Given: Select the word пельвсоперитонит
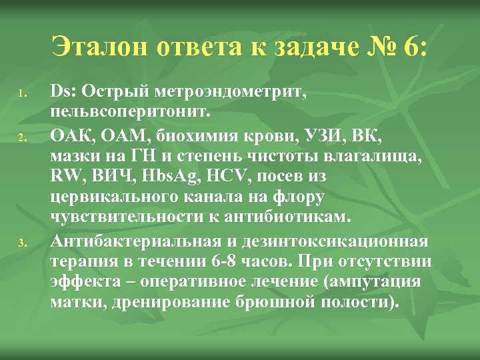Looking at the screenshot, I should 123,109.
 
